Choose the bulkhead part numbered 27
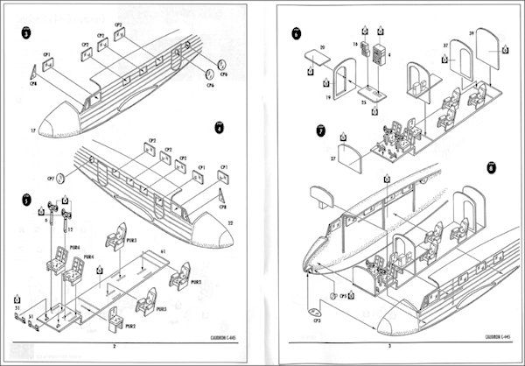350,158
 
